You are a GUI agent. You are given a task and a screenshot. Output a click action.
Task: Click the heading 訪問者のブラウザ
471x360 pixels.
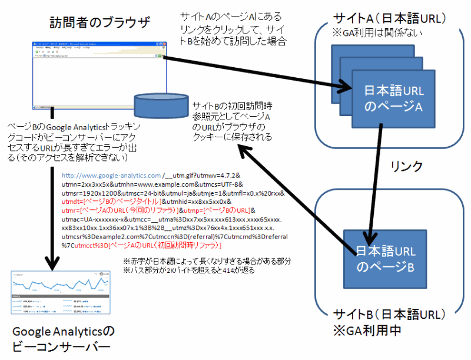[x=100, y=24]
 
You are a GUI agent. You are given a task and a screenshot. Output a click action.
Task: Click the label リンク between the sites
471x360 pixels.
[x=406, y=167]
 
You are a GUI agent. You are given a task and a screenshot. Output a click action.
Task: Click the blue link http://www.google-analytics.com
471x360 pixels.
[x=111, y=176]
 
